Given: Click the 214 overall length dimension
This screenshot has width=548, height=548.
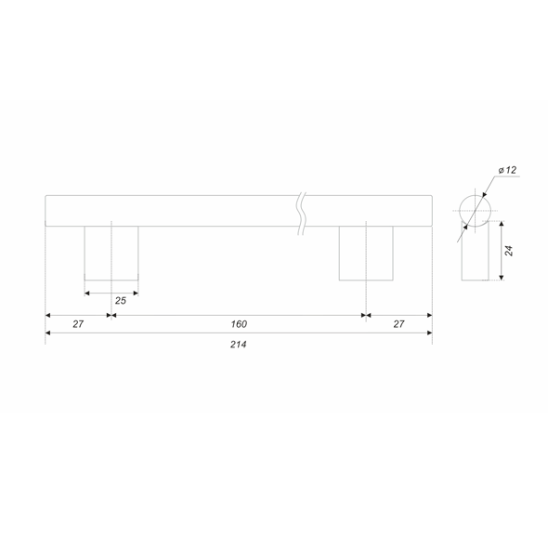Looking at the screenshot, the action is point(239,345).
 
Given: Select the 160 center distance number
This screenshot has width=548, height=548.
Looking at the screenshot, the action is point(239,324).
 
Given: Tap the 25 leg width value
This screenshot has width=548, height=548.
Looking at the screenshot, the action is point(121,301).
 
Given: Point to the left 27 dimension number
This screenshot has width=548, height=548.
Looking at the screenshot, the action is point(78,324).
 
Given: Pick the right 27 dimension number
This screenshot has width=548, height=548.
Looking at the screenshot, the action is point(398,324).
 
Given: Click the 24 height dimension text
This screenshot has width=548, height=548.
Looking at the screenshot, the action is point(509,251).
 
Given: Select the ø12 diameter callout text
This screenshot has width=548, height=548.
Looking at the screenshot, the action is point(507,170).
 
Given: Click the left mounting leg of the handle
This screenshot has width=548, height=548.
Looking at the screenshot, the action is point(111,253).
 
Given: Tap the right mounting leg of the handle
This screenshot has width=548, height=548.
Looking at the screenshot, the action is point(366,253).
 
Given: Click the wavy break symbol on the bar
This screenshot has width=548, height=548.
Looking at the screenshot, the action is point(302,214).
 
